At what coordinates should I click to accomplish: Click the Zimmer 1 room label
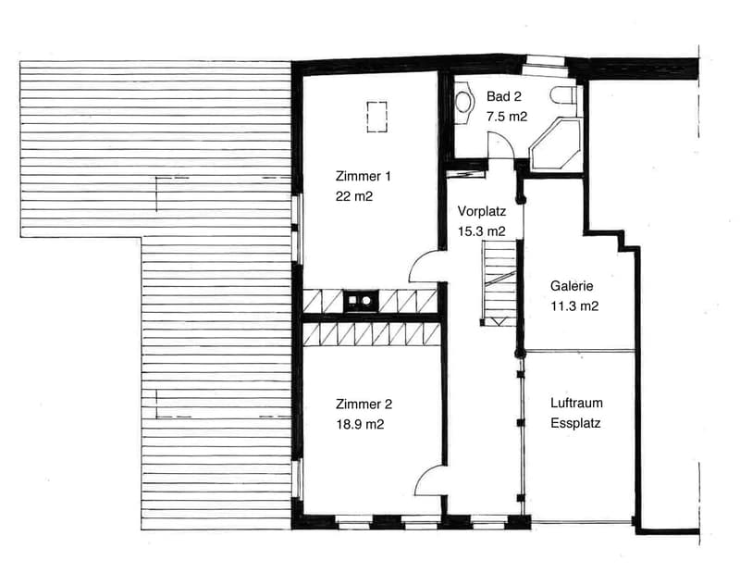click(x=363, y=176)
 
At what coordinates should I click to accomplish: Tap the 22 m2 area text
click(x=354, y=196)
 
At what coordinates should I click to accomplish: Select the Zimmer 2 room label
click(x=364, y=405)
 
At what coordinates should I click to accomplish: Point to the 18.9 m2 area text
click(x=360, y=424)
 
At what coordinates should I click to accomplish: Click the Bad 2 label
click(x=504, y=96)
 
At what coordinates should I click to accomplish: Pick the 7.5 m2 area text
click(x=507, y=117)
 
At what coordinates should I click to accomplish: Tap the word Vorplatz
click(x=481, y=211)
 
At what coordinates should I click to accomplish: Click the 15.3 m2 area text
click(x=481, y=231)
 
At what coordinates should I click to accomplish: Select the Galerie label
click(x=572, y=286)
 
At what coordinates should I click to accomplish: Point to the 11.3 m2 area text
click(x=574, y=306)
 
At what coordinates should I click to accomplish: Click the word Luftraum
click(x=576, y=403)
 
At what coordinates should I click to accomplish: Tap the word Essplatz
click(x=575, y=423)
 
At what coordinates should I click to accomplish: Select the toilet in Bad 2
click(x=563, y=95)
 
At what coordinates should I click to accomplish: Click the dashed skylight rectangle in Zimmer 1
click(x=376, y=117)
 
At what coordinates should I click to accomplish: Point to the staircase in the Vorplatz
click(x=499, y=282)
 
